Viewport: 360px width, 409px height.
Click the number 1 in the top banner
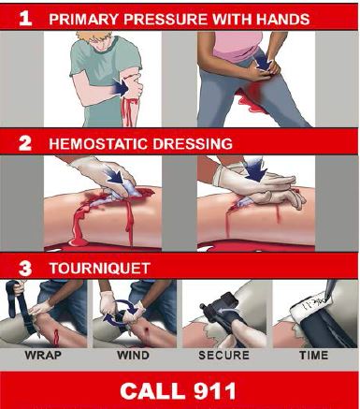[25, 16]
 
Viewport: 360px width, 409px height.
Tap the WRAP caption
[45, 357]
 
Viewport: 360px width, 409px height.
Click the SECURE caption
[223, 357]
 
